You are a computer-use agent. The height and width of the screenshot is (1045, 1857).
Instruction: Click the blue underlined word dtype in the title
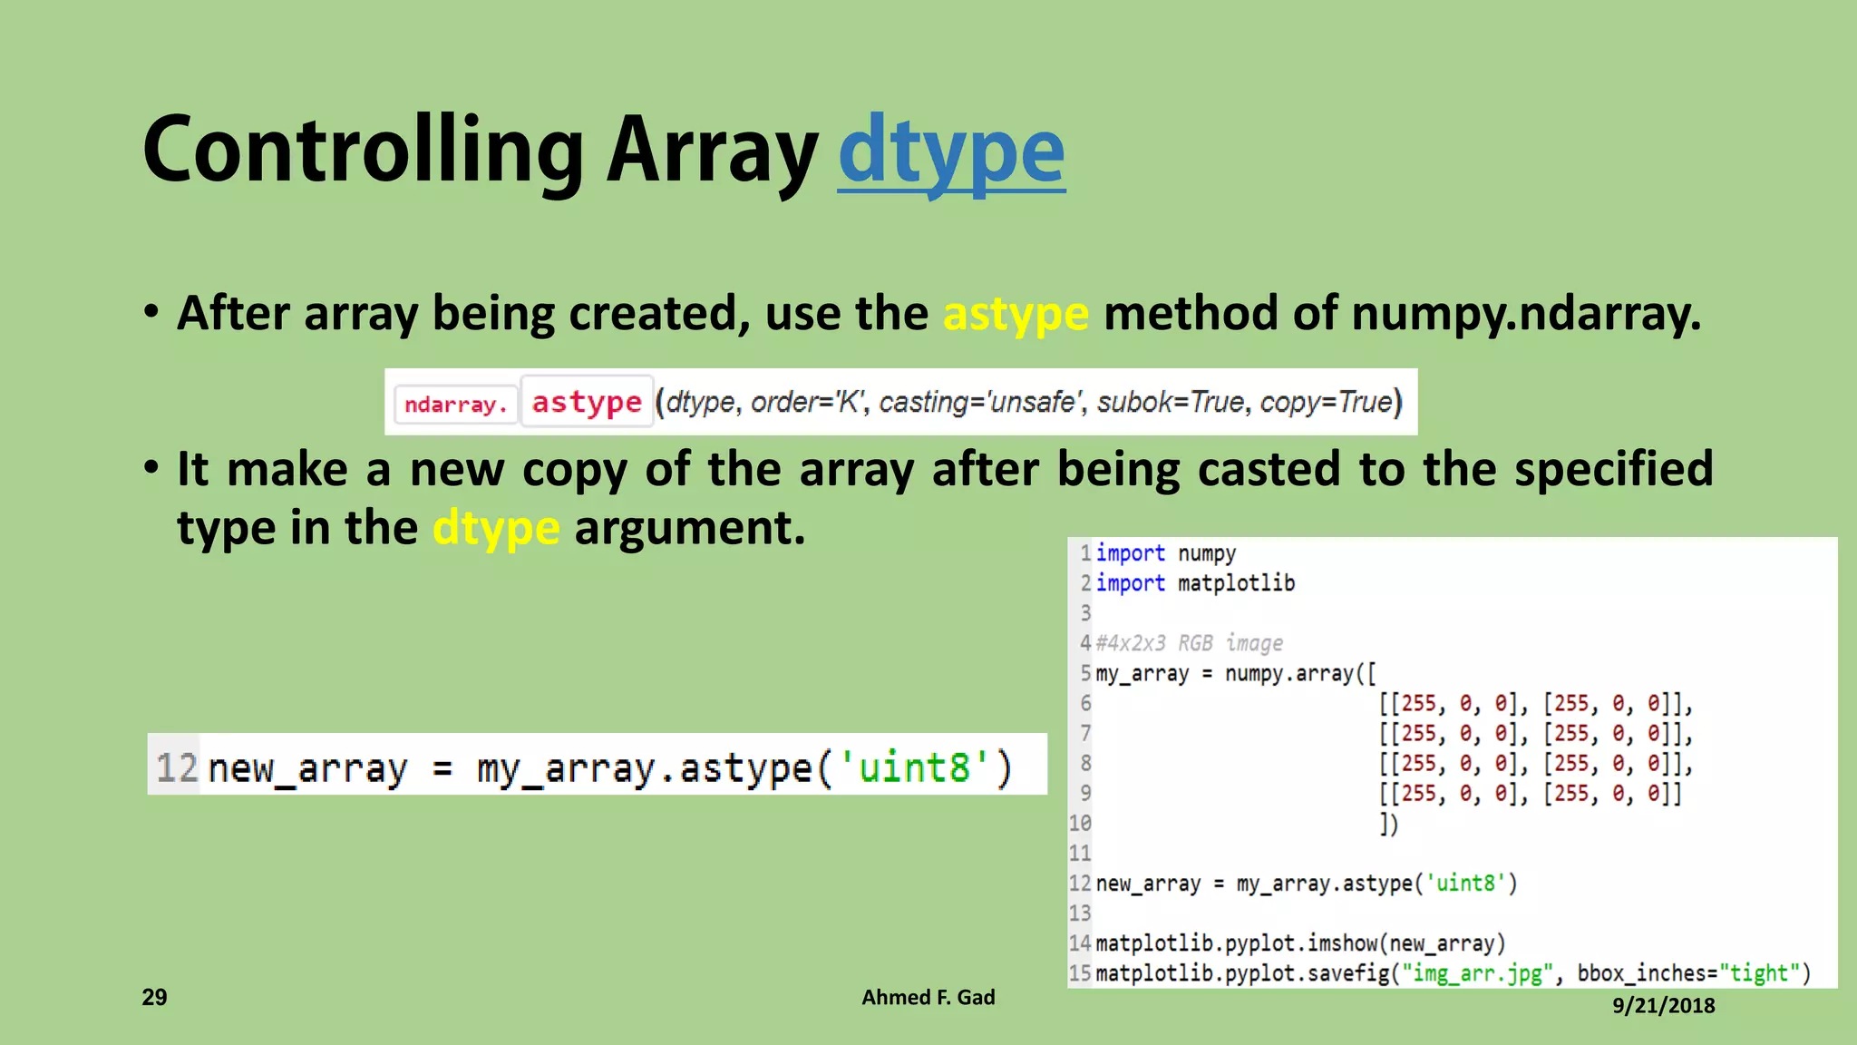pos(951,151)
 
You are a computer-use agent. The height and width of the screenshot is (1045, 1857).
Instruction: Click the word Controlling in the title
pos(363,151)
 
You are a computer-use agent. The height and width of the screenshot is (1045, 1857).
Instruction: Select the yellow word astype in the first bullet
pos(1016,314)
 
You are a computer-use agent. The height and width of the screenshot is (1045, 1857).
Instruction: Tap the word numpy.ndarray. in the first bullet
pos(1525,314)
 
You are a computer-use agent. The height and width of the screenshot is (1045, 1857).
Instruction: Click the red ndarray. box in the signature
pos(455,404)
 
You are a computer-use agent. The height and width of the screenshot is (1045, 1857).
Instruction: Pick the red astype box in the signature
pos(587,402)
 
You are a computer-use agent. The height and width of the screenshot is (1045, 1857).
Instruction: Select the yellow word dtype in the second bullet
pos(496,528)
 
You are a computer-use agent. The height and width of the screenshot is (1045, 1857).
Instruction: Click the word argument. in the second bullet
pos(690,528)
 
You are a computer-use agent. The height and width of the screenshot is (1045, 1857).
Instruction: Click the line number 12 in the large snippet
pos(176,767)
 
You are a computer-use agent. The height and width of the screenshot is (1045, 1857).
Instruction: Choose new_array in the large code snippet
pos(308,767)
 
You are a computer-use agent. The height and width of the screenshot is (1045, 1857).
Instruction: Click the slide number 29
pos(155,997)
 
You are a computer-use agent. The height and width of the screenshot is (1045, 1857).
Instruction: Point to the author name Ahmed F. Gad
pos(928,997)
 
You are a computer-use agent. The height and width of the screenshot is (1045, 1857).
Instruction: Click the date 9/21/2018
pos(1663,1005)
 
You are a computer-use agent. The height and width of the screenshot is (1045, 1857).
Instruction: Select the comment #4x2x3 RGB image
pos(1189,643)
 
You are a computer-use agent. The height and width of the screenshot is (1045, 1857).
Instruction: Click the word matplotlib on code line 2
pos(1236,583)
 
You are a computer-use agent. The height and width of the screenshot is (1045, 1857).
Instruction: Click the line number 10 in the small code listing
pos(1080,824)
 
